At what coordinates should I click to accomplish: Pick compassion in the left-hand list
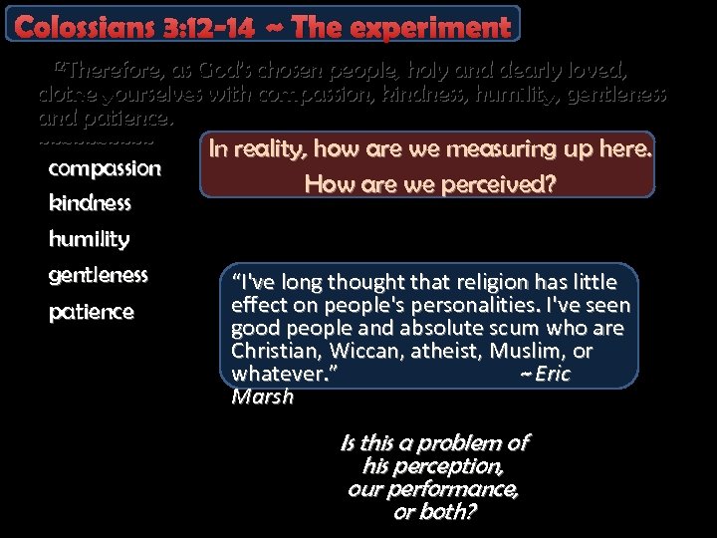tap(105, 168)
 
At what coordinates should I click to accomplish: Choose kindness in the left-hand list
tap(90, 203)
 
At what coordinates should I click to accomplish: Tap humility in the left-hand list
tap(89, 239)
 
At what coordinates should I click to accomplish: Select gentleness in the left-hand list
tap(98, 274)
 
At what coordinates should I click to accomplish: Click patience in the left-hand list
tap(91, 312)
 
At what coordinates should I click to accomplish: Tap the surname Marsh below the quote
tap(262, 397)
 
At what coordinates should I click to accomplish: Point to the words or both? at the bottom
tap(434, 513)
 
